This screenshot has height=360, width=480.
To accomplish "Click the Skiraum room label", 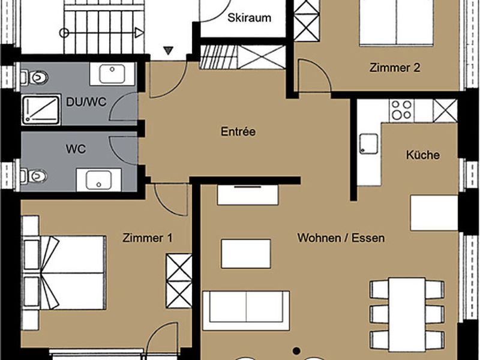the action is (x=249, y=18).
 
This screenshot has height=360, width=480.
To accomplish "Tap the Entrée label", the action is (x=238, y=131).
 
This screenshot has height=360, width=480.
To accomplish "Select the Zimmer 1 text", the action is (x=147, y=238).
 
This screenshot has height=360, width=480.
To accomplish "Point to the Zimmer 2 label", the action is (x=395, y=68).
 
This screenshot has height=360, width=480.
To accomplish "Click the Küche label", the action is (x=423, y=155).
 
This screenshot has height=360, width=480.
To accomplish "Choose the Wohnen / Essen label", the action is (x=341, y=238).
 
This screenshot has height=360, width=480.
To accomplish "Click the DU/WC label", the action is (x=86, y=102).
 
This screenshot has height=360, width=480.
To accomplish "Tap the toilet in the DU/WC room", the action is (x=34, y=78).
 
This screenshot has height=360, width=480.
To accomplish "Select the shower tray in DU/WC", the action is (x=41, y=110).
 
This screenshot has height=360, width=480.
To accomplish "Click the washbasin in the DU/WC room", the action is (x=112, y=74).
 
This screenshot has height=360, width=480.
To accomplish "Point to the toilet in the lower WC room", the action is (x=34, y=176).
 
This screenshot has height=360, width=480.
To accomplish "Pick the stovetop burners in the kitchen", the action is (x=401, y=110).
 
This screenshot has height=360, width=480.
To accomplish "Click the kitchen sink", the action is (x=369, y=143).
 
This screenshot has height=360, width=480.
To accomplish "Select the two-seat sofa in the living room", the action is (x=246, y=310).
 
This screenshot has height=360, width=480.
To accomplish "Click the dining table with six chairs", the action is (x=407, y=314).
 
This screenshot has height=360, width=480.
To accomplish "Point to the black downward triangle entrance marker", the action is (x=168, y=50).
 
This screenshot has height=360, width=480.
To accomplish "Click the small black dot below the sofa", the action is (x=296, y=351).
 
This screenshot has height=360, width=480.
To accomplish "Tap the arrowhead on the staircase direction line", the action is (x=139, y=32).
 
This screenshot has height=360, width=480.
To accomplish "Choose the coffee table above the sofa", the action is (x=246, y=254).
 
